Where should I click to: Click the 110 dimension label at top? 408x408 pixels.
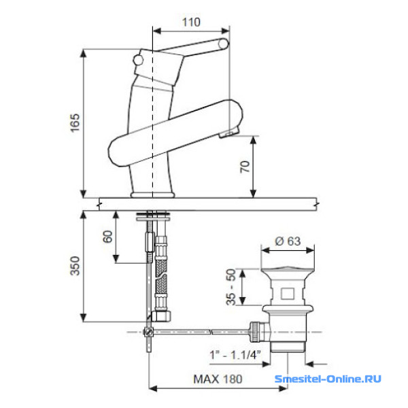pyautogui.click(x=191, y=22)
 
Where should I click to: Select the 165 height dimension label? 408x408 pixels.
pyautogui.click(x=75, y=123)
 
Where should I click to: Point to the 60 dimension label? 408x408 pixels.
pyautogui.click(x=107, y=237)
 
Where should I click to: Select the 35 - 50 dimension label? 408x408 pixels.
pyautogui.click(x=233, y=287)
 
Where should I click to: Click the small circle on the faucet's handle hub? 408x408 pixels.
pyautogui.click(x=139, y=62)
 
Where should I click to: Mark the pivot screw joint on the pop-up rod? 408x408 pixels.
pyautogui.click(x=149, y=332)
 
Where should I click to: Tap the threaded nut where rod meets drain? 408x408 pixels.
pyautogui.click(x=256, y=331)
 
